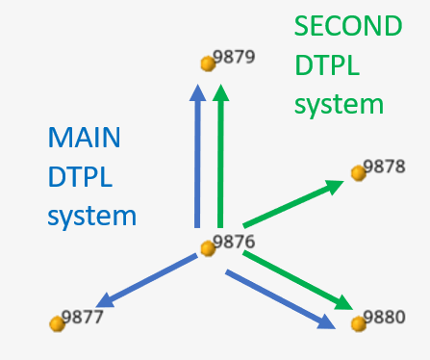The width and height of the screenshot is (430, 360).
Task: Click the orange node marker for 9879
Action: coord(206,64)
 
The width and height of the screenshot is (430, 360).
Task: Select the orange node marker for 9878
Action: coord(358,172)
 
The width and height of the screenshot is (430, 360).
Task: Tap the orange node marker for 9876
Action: coord(206,248)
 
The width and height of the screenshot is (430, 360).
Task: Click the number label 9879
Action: coord(234,57)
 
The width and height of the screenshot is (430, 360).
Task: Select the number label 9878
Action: coord(385,167)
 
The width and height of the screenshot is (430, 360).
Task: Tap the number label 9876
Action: coord(234,242)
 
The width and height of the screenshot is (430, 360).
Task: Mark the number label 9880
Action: coord(385,316)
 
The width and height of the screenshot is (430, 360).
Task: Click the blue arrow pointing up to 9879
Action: coord(197,154)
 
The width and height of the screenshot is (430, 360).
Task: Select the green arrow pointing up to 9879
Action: coord(221,154)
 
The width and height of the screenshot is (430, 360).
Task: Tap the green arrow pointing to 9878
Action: coord(293,202)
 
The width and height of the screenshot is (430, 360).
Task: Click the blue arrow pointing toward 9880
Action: coord(279,299)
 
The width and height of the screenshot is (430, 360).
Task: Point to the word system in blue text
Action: coord(91,216)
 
